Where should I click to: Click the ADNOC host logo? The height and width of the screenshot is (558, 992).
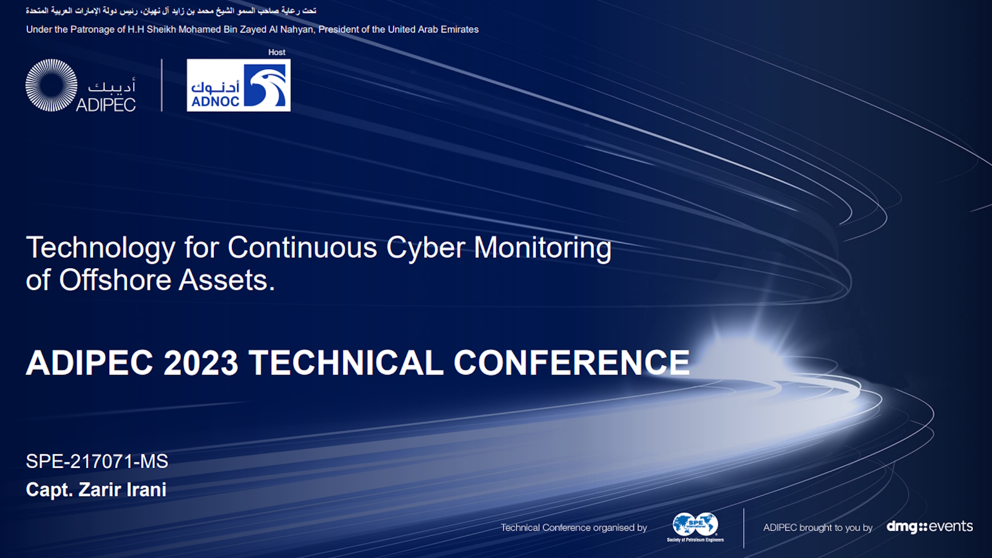coord(238,85)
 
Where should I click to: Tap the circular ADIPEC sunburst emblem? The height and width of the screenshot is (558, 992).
coord(51,85)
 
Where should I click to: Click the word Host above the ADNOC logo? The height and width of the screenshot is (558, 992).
coord(276,52)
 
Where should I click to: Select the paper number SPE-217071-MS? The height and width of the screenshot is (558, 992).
coord(97,461)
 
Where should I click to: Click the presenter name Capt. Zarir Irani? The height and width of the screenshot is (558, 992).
coord(96,490)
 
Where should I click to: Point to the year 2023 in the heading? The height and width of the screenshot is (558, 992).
coord(201,363)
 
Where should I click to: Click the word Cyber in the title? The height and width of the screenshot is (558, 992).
coord(426,247)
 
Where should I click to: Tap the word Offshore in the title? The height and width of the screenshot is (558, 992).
coord(115,280)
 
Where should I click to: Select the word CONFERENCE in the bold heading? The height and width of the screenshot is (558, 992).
coord(571,363)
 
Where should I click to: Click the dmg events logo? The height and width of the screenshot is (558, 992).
coord(929,526)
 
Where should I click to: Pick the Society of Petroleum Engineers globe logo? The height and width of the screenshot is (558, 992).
coord(695,527)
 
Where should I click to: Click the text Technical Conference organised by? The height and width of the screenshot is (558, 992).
coord(574,528)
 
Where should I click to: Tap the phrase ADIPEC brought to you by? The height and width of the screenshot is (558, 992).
coord(818,528)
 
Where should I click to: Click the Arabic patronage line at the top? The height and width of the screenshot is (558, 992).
coord(171,11)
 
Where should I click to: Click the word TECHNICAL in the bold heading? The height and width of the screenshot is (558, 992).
coord(346,363)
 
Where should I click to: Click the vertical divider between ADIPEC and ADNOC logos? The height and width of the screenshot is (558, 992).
coord(162,85)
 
